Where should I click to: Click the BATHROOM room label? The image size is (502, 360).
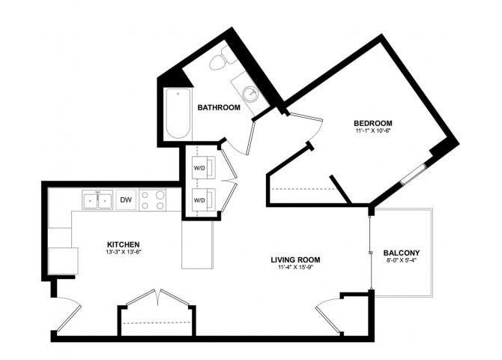[x=218, y=108]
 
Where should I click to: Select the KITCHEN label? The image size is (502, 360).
[x=123, y=244]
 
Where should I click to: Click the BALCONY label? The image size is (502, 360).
[x=401, y=253]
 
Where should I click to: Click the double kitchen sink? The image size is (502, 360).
[x=97, y=200]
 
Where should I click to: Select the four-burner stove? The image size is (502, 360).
[x=155, y=200]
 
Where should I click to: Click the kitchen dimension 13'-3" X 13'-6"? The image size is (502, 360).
[x=123, y=253]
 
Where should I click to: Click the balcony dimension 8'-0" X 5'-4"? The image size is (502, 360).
[x=401, y=261]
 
